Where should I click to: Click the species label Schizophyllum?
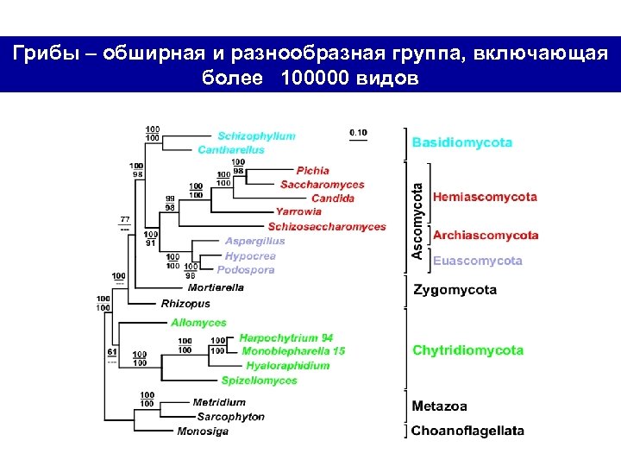click(x=256, y=136)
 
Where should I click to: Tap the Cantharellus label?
click(x=231, y=150)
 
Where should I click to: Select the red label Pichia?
click(x=312, y=171)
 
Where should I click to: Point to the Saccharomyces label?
click(x=322, y=185)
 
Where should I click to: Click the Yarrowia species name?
click(x=298, y=211)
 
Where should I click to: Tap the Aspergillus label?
click(x=254, y=242)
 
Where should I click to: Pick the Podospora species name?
click(x=249, y=270)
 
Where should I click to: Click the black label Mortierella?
click(x=216, y=287)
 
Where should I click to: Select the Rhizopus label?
click(x=185, y=304)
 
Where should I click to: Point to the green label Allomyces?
click(x=198, y=323)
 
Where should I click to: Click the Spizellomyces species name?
click(x=259, y=381)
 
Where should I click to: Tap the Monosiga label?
click(x=203, y=431)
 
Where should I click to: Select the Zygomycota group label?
click(x=454, y=290)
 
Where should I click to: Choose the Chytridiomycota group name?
click(x=467, y=350)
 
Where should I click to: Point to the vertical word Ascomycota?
click(x=417, y=220)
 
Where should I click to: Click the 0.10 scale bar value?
click(x=357, y=133)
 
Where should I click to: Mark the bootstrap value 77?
click(x=125, y=221)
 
